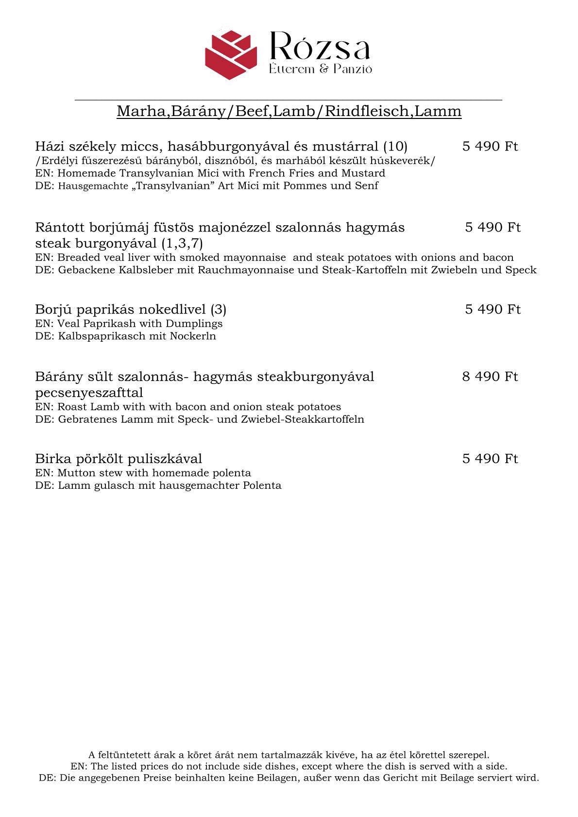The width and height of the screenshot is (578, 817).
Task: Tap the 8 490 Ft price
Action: [490, 376]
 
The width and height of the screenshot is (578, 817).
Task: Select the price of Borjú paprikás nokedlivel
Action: [493, 309]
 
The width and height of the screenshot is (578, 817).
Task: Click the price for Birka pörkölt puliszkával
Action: [490, 458]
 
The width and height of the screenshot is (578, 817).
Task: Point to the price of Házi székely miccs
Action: [490, 146]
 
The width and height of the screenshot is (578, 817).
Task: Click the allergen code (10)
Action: [395, 146]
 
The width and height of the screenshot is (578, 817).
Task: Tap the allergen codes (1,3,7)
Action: [182, 243]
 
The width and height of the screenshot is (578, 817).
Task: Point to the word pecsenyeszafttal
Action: [89, 392]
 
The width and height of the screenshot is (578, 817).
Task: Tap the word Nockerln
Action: [193, 336]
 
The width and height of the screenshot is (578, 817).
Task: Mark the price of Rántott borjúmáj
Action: [493, 227]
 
